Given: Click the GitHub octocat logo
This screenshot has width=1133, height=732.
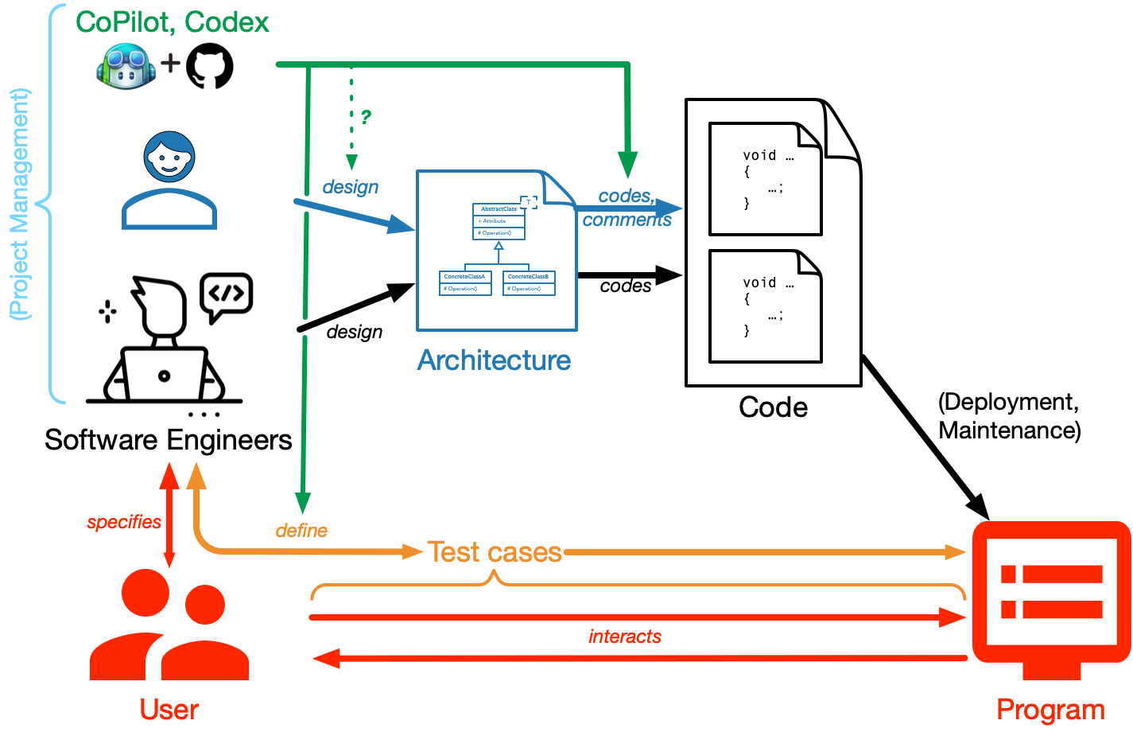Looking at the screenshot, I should click(x=210, y=65).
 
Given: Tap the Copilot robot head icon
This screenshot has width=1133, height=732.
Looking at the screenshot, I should click(x=126, y=66).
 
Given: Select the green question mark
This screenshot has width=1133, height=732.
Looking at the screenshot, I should click(x=366, y=118).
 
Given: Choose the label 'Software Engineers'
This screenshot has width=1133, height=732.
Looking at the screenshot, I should click(x=169, y=440).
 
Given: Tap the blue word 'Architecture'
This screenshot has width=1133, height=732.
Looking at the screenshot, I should click(x=494, y=360).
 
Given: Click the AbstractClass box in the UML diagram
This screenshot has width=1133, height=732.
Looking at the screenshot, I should click(x=499, y=221).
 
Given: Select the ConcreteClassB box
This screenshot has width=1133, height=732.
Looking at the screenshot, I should click(x=529, y=282).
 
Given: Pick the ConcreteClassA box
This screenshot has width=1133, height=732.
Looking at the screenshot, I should click(x=465, y=282).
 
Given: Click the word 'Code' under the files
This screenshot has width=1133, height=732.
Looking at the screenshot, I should click(x=773, y=407).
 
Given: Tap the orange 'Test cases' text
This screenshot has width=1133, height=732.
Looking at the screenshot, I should click(x=495, y=552).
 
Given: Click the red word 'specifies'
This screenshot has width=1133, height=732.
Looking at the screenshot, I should click(x=124, y=522).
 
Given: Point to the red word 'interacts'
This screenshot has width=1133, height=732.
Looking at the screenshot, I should click(x=625, y=637).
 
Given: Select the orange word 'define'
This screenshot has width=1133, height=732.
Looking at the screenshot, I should click(x=301, y=531).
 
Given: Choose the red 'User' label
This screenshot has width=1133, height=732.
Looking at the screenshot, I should click(x=169, y=709).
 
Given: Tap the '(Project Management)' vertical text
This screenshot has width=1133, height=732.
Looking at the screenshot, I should click(x=20, y=204).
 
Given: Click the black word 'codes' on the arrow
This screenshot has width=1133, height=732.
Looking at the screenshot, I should click(x=626, y=286).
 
